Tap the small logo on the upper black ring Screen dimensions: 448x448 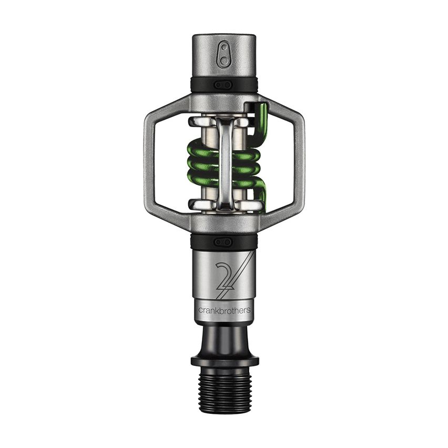(x=224, y=85)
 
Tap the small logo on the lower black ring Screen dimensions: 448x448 (x=224, y=241)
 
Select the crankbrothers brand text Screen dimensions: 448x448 (x=224, y=310)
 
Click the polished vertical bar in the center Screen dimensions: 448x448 (x=225, y=163)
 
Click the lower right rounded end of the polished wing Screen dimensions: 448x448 (x=253, y=204)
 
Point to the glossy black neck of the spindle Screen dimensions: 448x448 (x=224, y=340)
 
